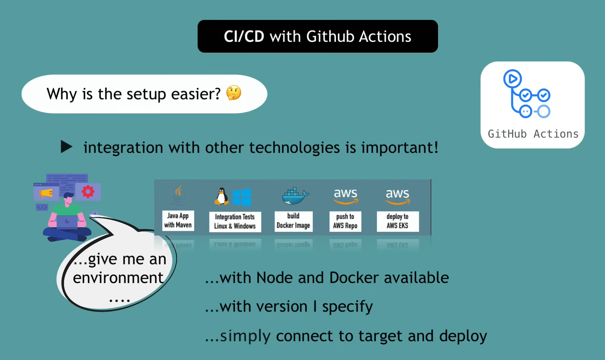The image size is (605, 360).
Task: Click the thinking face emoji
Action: click(233, 93)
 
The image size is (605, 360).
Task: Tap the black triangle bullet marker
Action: click(66, 147)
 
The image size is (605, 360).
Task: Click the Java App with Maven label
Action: click(178, 220)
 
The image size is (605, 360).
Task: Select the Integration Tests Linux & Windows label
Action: click(235, 221)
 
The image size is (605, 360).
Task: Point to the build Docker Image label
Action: click(293, 221)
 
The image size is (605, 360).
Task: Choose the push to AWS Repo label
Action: click(345, 221)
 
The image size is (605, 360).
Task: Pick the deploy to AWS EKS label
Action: click(398, 221)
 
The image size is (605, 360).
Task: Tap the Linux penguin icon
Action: click(221, 196)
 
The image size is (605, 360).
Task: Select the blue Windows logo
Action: click(241, 197)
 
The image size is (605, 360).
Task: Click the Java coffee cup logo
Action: click(178, 195)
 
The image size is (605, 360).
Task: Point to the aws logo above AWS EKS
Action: click(398, 196)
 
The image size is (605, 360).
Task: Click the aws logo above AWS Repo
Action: click(345, 196)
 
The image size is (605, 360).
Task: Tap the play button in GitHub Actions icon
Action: click(512, 79)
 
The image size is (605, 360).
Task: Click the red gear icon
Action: click(88, 192)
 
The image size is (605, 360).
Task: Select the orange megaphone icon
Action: click(46, 193)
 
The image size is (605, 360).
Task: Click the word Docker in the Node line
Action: click(354, 278)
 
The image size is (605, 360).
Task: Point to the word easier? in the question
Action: click(196, 94)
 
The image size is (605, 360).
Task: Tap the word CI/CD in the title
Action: click(244, 36)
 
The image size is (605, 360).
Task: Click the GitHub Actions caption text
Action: click(533, 134)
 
